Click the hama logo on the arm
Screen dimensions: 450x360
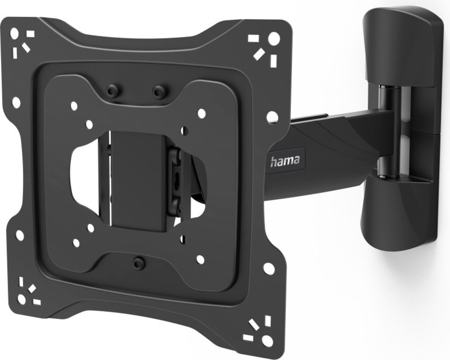click(285, 161)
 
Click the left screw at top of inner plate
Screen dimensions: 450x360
click(112, 91)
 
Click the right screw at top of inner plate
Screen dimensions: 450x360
click(159, 92)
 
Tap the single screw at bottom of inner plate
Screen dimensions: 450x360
click(138, 261)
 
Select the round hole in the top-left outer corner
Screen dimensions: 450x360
click(15, 35)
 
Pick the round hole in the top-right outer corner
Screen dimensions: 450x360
click(274, 38)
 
